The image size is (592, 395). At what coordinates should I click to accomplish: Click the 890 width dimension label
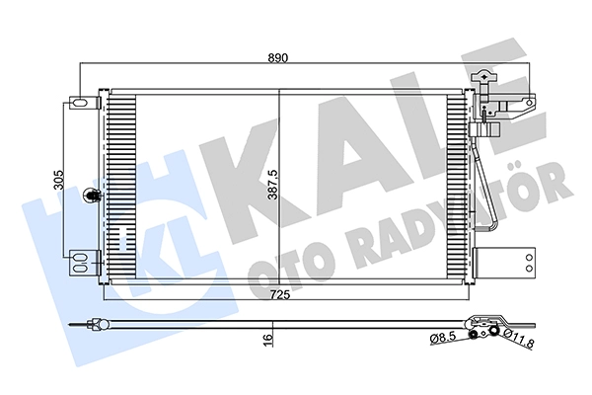[x=278, y=58]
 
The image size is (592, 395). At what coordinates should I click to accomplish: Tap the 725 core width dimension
[x=280, y=294]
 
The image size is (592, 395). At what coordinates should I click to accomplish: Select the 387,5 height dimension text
[x=272, y=184]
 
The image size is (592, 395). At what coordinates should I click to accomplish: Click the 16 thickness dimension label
[x=267, y=340]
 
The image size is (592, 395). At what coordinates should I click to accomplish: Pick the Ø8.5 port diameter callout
[x=443, y=336]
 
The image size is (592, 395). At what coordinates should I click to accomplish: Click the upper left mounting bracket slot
[x=79, y=103]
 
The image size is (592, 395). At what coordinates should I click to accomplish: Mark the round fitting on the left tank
[x=91, y=196]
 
